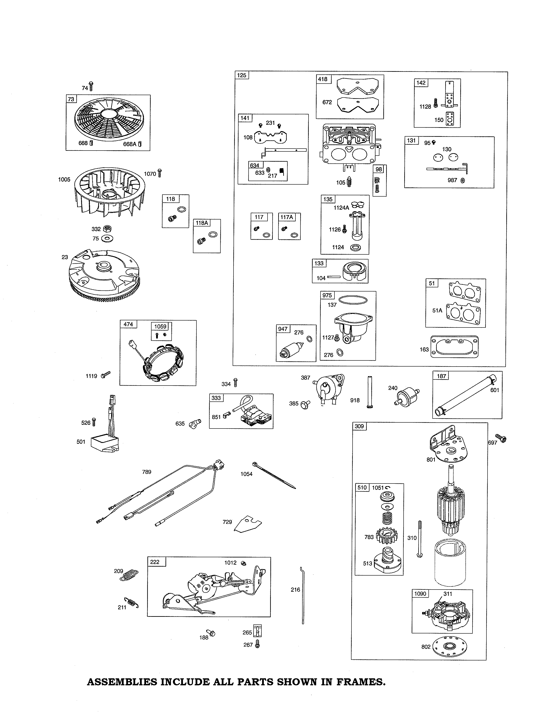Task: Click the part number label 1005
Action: (x=64, y=179)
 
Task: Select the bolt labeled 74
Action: (x=91, y=86)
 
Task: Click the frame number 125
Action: (x=242, y=75)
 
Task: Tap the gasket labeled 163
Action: (x=455, y=347)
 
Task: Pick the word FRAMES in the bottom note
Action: (x=361, y=682)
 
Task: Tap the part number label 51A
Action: (x=437, y=310)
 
